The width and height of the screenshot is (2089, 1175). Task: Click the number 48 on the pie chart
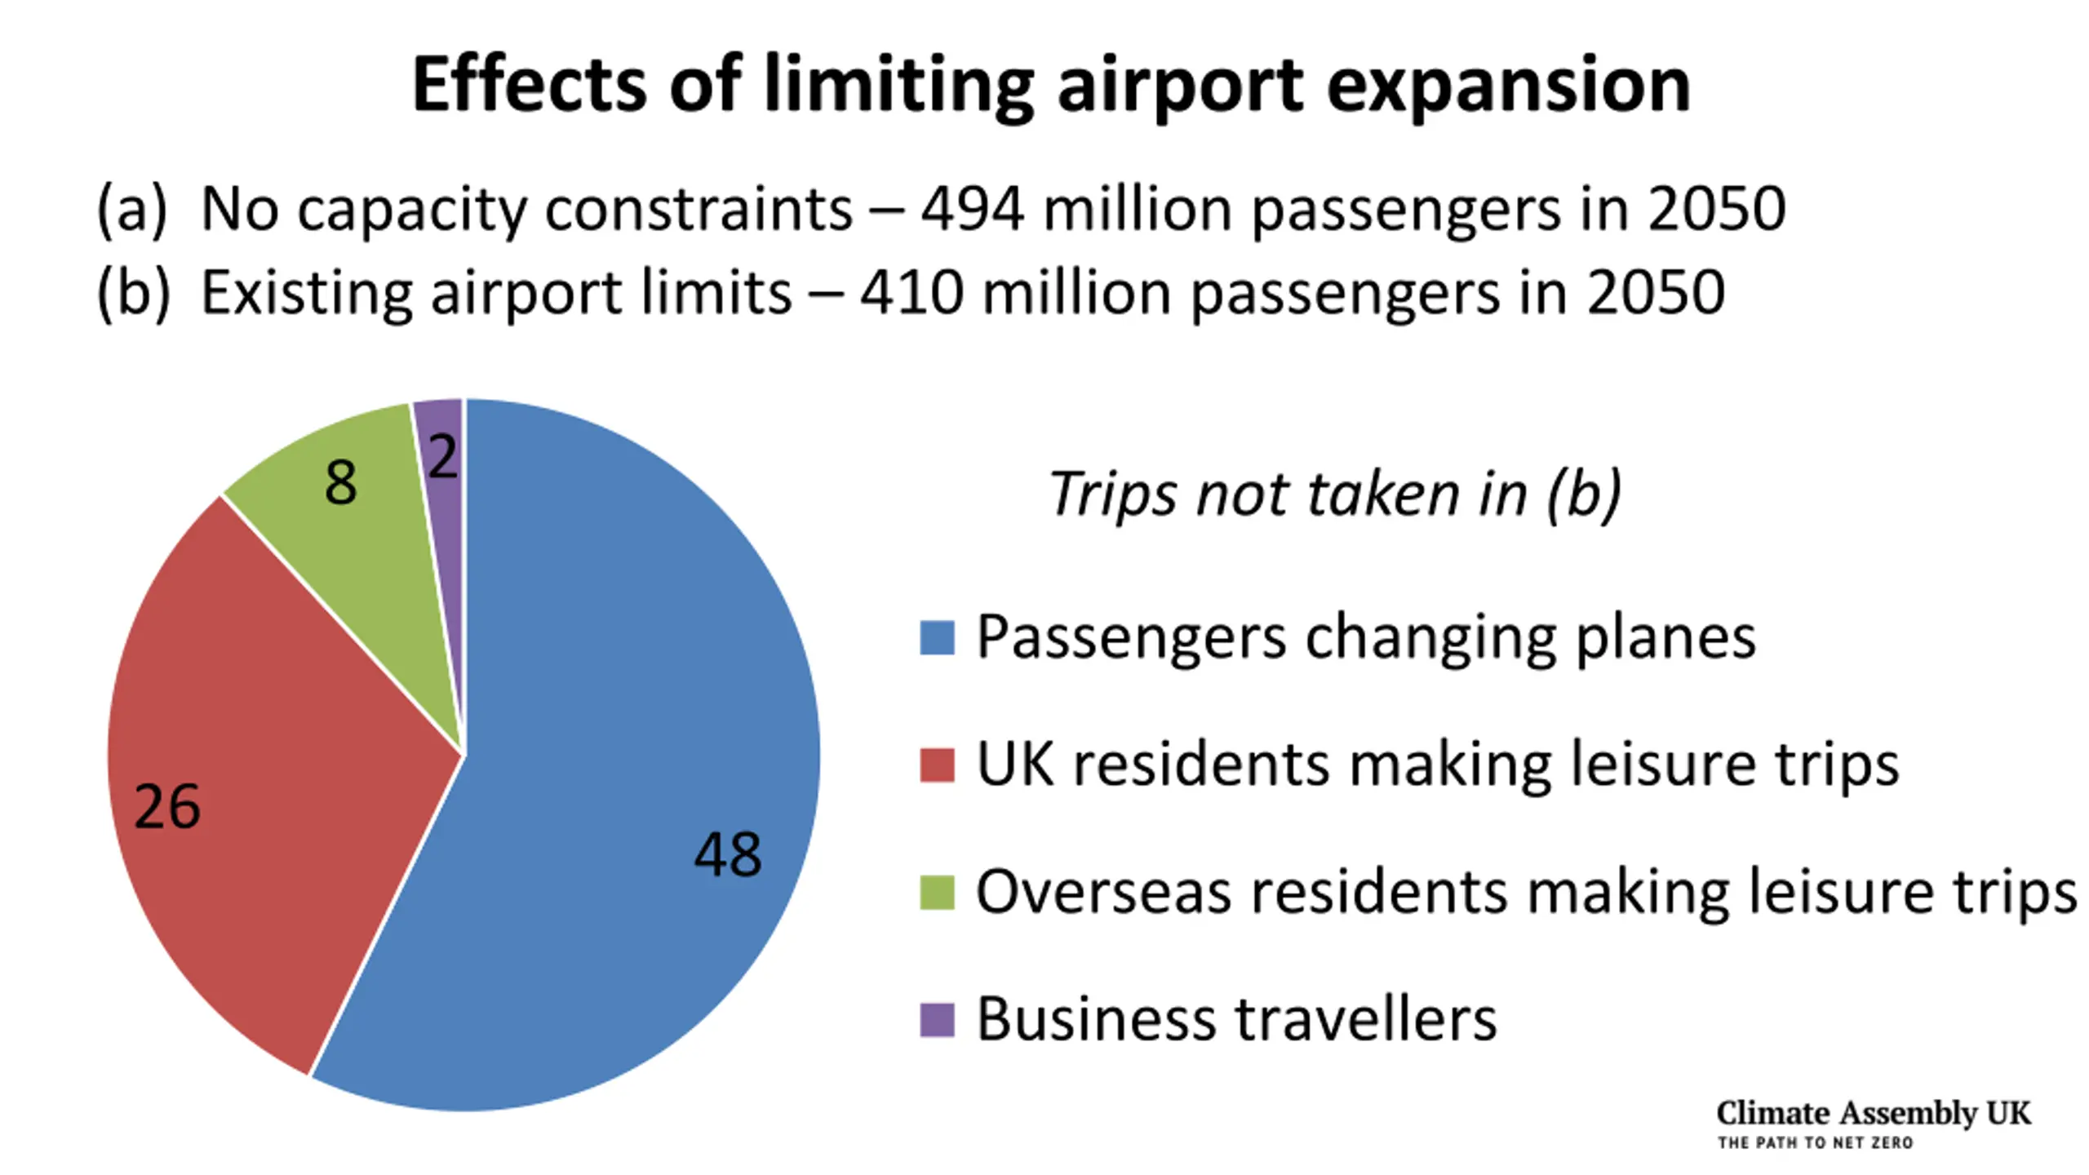[x=727, y=854]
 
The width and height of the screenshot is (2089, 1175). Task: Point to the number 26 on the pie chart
[x=166, y=806]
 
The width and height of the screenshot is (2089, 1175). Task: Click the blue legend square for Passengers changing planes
[x=937, y=638]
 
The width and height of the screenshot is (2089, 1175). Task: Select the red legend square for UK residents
[x=937, y=765]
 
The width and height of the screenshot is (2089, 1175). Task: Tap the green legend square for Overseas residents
[x=937, y=893]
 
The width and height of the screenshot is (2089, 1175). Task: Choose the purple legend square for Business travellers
[x=937, y=1020]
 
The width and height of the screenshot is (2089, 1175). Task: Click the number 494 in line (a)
[x=972, y=209]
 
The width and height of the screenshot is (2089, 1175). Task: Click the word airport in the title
[x=1180, y=86]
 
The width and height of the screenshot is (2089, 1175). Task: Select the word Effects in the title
[x=530, y=85]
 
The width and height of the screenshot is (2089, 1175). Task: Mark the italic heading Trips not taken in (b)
[x=1335, y=494]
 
